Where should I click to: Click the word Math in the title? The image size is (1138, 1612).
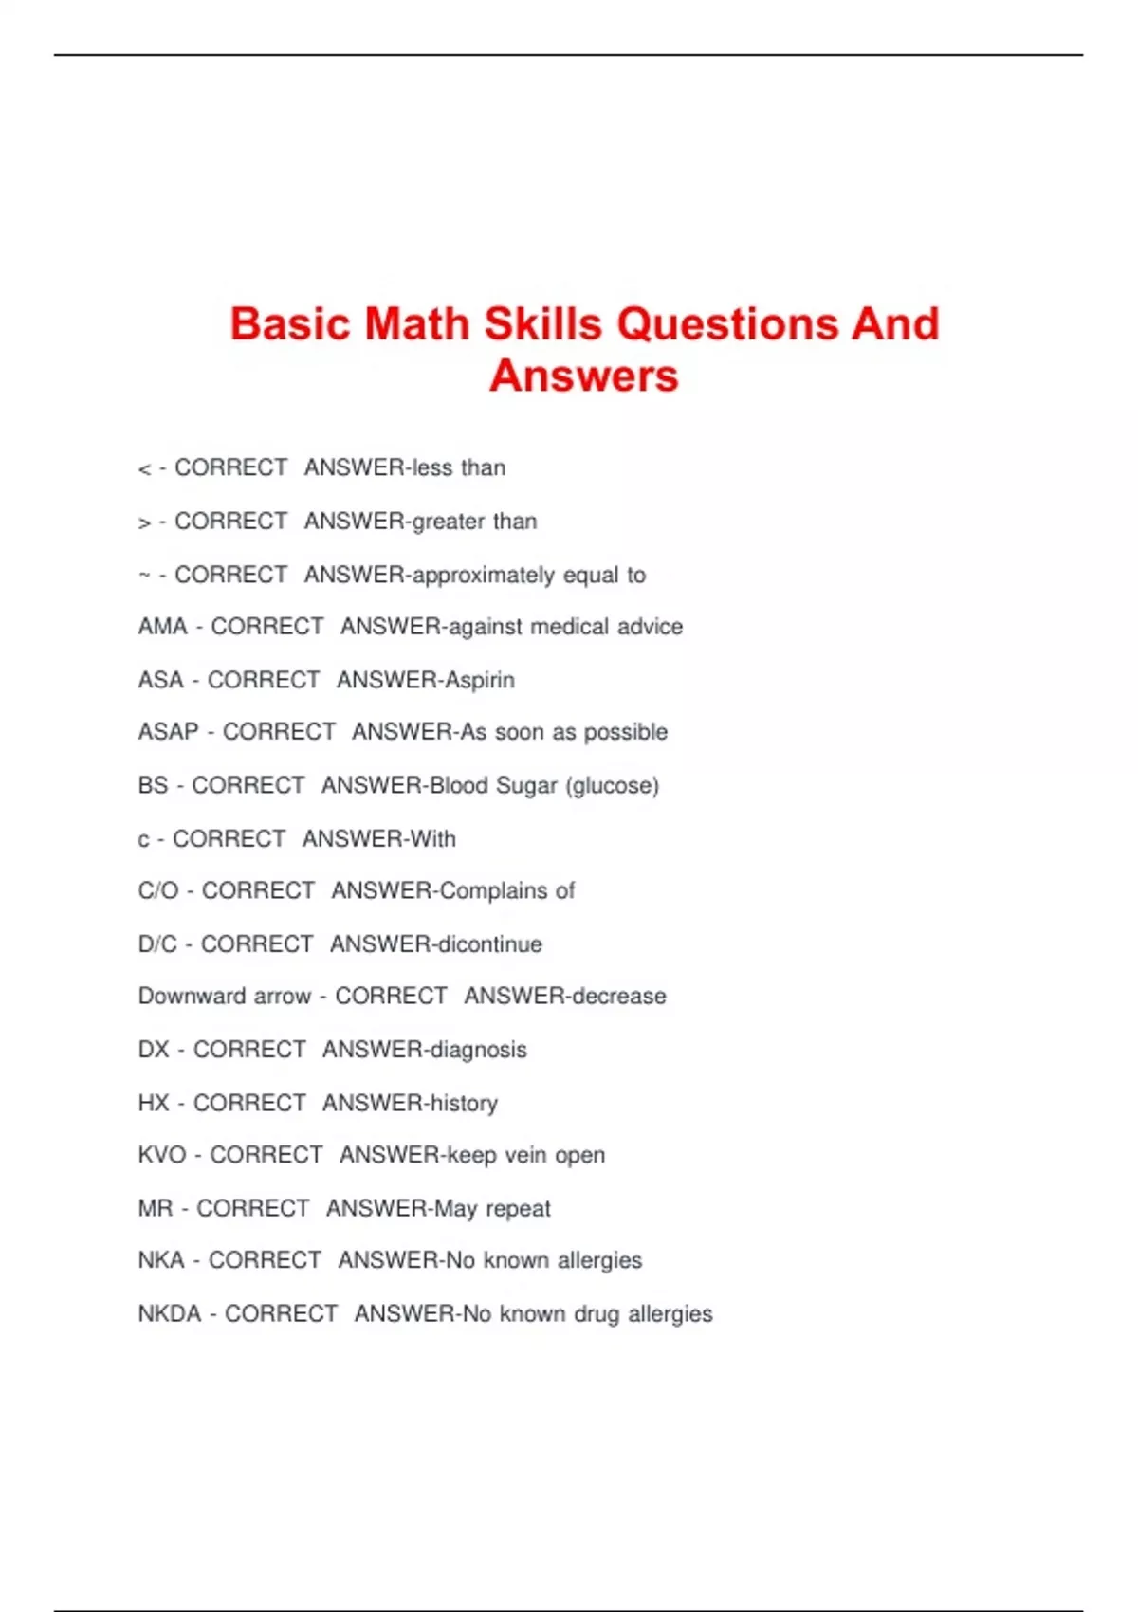click(416, 324)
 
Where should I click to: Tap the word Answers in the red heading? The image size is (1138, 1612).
click(584, 376)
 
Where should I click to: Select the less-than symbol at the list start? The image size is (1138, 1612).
click(144, 469)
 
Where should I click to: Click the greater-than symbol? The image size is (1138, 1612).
click(144, 522)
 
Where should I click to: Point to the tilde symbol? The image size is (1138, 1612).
click(144, 575)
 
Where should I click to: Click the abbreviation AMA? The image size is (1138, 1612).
click(162, 627)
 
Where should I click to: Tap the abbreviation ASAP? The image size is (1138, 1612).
click(168, 732)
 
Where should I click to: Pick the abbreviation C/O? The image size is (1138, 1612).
click(157, 891)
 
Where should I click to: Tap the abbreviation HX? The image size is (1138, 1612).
click(153, 1103)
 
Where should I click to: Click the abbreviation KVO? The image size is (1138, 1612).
click(161, 1155)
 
